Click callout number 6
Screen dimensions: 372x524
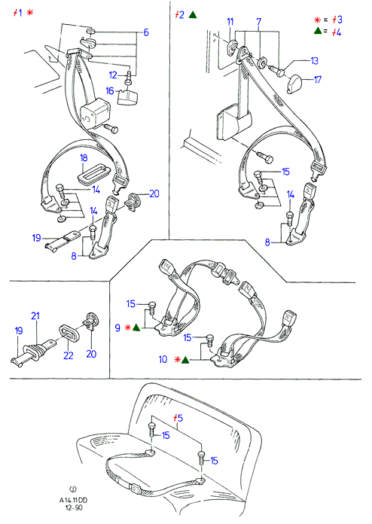pos(146,33)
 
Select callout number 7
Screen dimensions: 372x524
pos(259,22)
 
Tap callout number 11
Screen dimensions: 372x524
pos(230,22)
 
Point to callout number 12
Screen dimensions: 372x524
pos(113,75)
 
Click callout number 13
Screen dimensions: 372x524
pos(314,61)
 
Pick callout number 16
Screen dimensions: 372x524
pos(110,91)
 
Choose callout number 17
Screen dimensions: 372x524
pos(317,80)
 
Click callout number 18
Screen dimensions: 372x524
pos(84,158)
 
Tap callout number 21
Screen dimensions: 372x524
pos(35,315)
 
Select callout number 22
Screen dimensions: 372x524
pos(69,355)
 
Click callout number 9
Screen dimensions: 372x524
pos(117,327)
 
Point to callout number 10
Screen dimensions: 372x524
pos(163,360)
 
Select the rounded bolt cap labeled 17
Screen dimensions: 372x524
pos(294,84)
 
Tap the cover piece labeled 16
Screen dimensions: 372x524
pos(128,98)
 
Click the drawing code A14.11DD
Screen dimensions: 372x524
pos(73,500)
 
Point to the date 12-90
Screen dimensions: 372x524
pos(73,507)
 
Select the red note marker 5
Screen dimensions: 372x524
pos(178,418)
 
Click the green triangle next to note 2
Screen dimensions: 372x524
pos(193,15)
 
